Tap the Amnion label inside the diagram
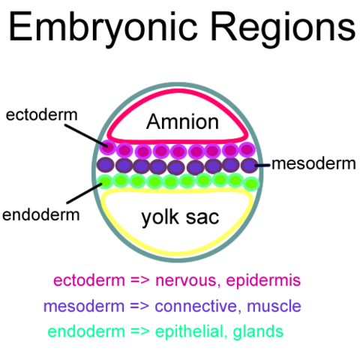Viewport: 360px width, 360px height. (x=181, y=122)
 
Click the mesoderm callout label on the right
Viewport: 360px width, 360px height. (x=313, y=163)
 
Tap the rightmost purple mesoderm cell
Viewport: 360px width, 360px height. (x=249, y=165)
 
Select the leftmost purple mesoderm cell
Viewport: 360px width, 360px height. (x=106, y=164)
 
